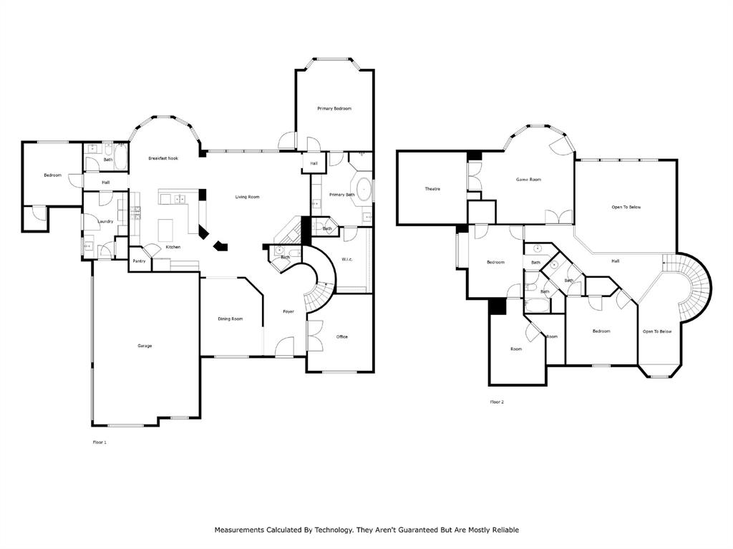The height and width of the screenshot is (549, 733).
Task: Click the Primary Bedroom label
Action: pos(334,108)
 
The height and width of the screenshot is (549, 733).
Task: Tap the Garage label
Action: pos(145,346)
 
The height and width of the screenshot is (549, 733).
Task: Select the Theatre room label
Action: pos(432,189)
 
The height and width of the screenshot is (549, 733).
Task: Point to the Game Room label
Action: pos(528,180)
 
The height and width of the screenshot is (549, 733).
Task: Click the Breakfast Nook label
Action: pos(163,157)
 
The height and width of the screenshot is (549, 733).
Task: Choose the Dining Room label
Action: pos(230,319)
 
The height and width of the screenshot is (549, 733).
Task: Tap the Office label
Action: pos(342,336)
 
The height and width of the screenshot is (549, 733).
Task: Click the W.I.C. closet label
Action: pos(348,259)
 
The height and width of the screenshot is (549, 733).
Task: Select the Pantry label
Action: pos(139,261)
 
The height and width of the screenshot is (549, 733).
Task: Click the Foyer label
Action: pos(288,311)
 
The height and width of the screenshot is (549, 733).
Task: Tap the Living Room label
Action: pos(248,196)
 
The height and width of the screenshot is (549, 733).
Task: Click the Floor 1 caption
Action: pos(99,442)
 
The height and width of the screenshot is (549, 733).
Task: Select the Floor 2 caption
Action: pos(497,402)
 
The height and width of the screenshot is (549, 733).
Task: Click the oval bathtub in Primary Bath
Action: pos(363,188)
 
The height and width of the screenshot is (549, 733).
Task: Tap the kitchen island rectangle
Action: pos(168,230)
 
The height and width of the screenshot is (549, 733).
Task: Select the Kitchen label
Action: pos(173,247)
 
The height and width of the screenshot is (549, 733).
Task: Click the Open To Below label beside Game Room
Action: pos(626,207)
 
